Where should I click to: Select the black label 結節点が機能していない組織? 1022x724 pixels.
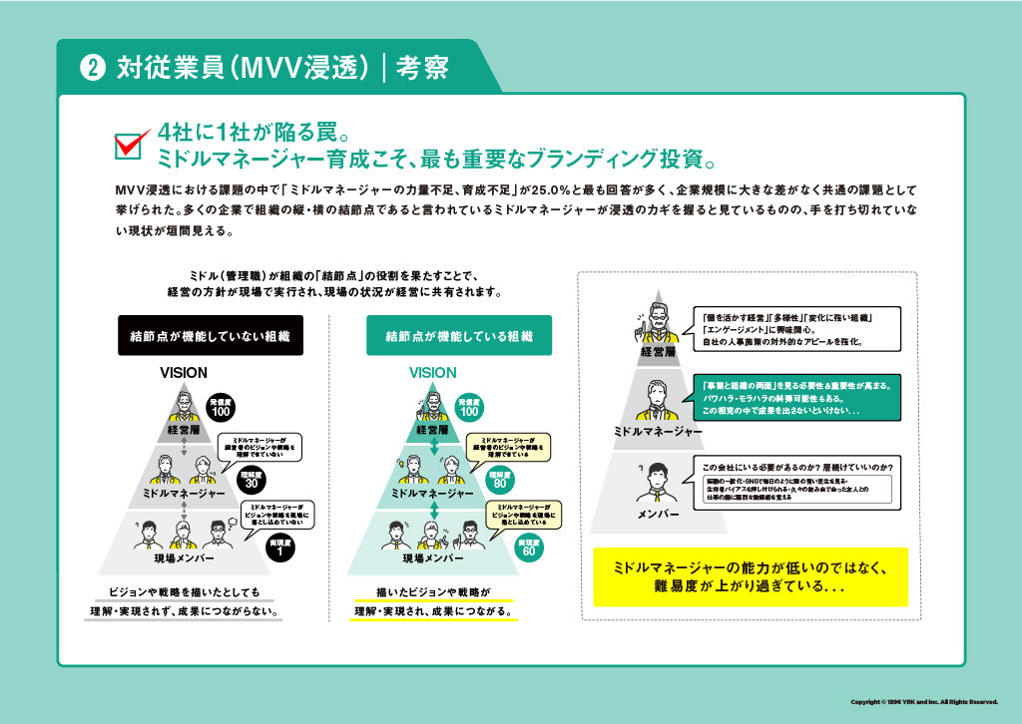210,336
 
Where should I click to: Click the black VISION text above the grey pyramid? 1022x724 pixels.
184,372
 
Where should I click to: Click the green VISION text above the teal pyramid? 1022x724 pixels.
432,372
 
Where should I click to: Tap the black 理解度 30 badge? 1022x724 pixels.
249,480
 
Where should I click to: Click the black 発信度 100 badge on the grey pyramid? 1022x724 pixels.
221,407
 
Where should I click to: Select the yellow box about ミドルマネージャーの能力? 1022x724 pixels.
751,576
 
